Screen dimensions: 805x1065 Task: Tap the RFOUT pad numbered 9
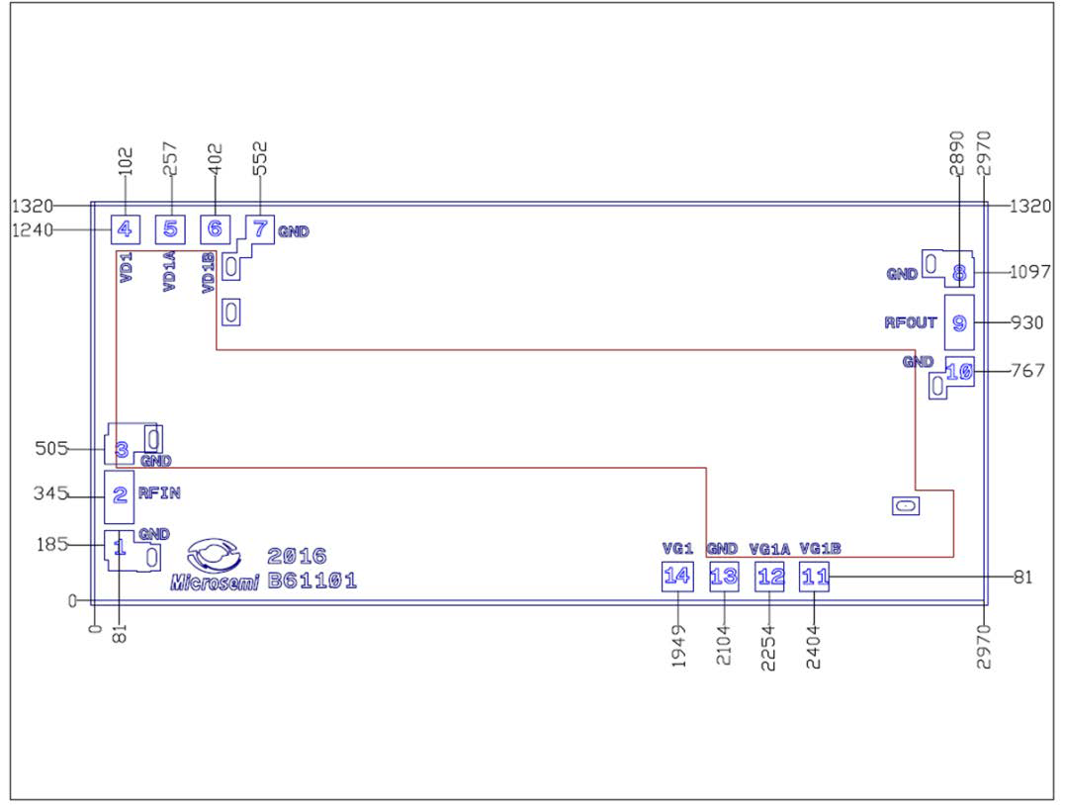pos(958,322)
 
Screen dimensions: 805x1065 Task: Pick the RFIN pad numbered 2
pos(120,495)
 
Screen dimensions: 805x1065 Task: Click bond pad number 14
pos(676,576)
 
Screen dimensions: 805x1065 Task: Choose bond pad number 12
pos(769,576)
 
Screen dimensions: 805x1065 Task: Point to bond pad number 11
pos(814,576)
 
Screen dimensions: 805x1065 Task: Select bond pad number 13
pos(724,576)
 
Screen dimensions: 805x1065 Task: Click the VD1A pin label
pos(169,272)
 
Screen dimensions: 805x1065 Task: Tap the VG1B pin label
pos(820,549)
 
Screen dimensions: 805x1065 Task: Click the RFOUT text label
pos(911,322)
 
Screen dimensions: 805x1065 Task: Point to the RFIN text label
pos(159,492)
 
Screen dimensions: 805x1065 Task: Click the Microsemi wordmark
pos(215,582)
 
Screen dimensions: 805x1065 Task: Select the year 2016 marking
pos(297,556)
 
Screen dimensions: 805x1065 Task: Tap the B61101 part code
pos(312,581)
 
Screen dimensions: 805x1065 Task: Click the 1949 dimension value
pos(678,648)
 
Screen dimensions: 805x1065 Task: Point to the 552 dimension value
pos(260,159)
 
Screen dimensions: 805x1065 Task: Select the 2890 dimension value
pos(957,154)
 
